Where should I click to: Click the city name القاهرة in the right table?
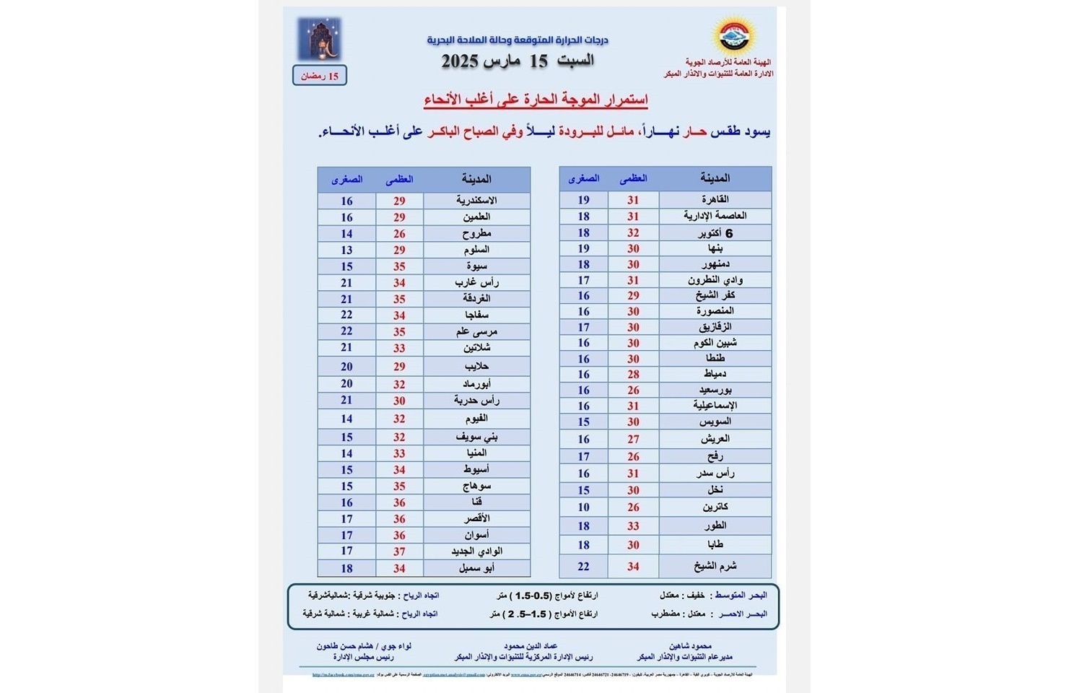coord(715,199)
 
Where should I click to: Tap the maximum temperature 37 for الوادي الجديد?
coord(399,552)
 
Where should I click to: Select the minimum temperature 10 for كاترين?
coord(583,507)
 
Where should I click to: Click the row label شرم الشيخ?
coord(715,566)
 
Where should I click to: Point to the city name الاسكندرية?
coord(476,201)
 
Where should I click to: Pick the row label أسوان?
coord(476,535)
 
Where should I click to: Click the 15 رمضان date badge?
coord(320,76)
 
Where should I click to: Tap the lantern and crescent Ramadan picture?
coord(319,40)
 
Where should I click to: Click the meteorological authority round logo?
coord(733,35)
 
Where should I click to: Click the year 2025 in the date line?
coord(461,61)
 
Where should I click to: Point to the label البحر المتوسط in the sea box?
coord(741,596)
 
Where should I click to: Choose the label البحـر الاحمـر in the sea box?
coord(742,614)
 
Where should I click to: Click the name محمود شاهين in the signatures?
coord(691,646)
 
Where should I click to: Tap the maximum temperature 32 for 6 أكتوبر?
coord(633,232)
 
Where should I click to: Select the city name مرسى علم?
coord(476,331)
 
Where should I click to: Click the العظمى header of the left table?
coord(399,179)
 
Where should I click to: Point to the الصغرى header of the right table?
coord(583,178)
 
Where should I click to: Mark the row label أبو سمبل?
coord(476,568)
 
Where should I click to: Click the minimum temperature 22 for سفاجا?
coord(346,315)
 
